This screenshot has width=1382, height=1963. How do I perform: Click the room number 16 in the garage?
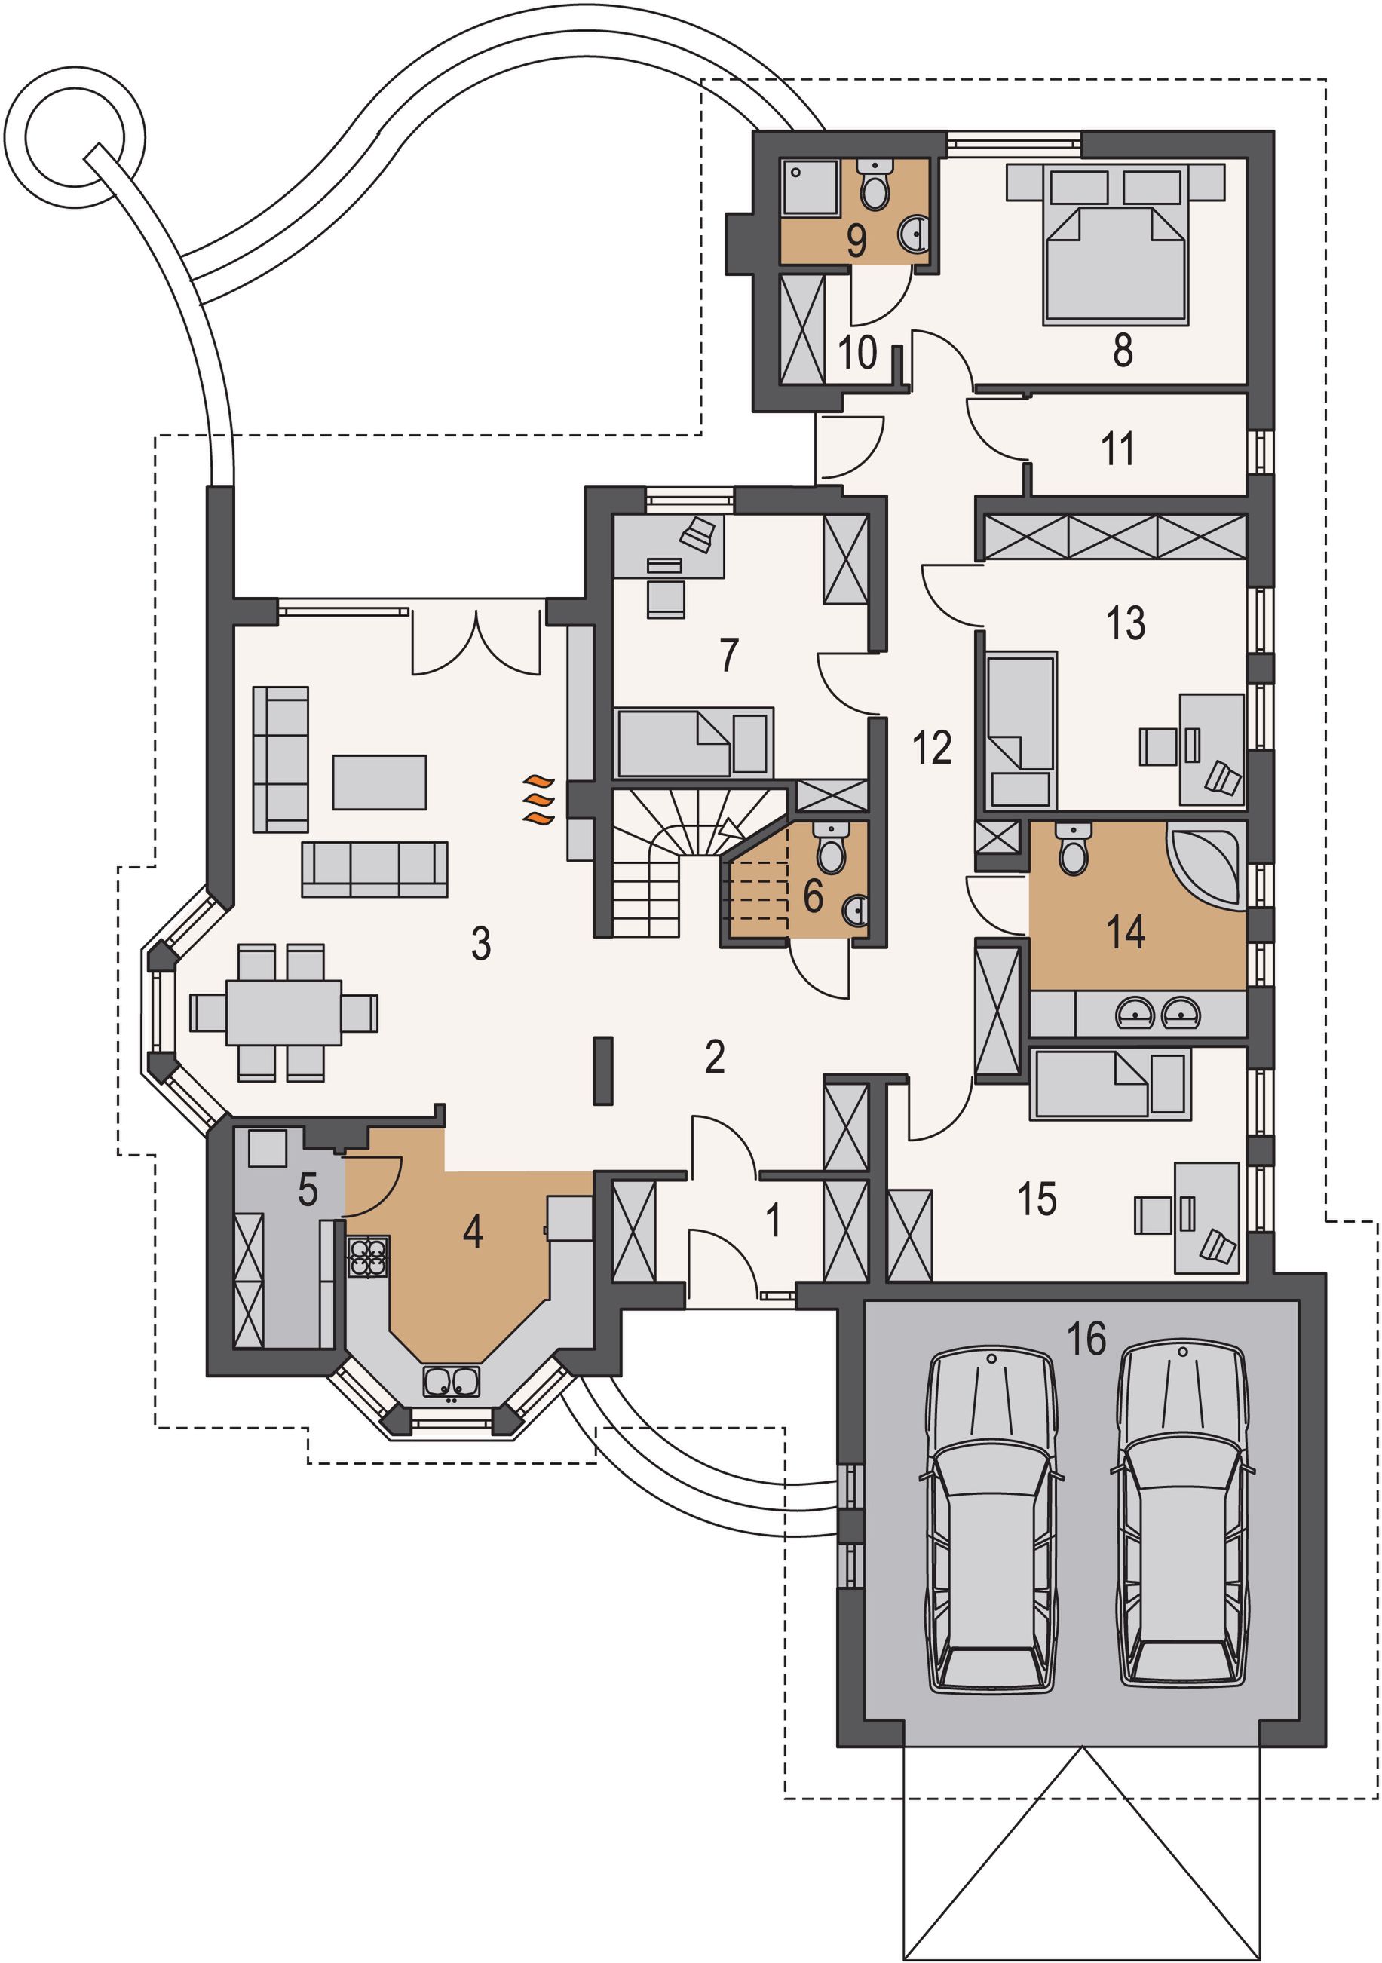tap(1086, 1338)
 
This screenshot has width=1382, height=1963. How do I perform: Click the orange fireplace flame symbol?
tap(539, 799)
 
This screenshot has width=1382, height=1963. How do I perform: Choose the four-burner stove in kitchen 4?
tap(368, 1257)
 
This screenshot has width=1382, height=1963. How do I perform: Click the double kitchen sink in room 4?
tap(451, 1381)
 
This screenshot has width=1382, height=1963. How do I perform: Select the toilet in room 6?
tap(829, 847)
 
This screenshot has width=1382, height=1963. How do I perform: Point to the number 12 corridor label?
tap(931, 747)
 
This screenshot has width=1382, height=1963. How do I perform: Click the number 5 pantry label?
tap(308, 1190)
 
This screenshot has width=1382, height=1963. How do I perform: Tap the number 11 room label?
tap(1118, 448)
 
